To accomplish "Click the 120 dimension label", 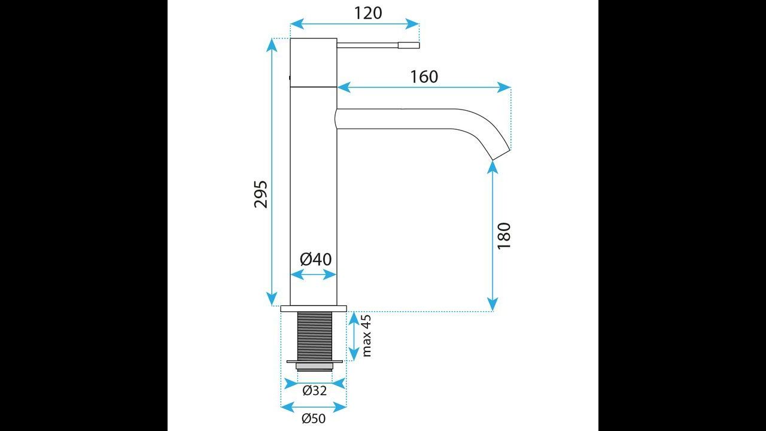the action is tap(368, 13).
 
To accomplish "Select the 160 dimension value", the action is tap(424, 77).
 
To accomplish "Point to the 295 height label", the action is tap(260, 194).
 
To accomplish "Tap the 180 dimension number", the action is tap(504, 236).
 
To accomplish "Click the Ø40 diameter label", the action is tap(315, 259).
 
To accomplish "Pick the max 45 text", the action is tap(366, 336).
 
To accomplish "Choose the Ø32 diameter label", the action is tap(315, 390).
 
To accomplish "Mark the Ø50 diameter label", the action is tap(314, 418).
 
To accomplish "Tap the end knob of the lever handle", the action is tap(409, 45).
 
